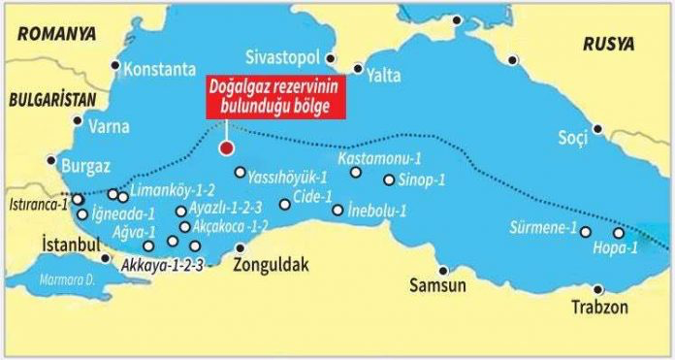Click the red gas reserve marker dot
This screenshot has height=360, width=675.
click(x=226, y=148)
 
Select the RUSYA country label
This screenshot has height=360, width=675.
click(x=609, y=45)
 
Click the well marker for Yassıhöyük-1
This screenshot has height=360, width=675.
click(x=241, y=173)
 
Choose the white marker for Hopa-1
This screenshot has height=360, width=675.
click(x=619, y=233)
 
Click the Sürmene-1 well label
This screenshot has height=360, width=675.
click(x=542, y=230)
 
